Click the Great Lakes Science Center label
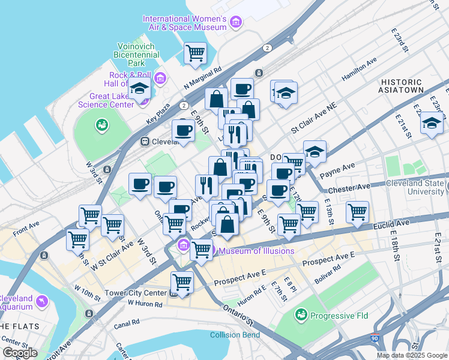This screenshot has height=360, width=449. [x=106, y=100]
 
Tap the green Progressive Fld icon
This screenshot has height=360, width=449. [x=301, y=314]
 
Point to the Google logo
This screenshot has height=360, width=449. [x=20, y=352]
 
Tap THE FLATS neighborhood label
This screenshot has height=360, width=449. [x=20, y=326]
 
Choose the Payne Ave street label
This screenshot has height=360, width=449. [x=337, y=171]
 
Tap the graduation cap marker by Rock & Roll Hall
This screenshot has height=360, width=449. [x=140, y=89]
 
